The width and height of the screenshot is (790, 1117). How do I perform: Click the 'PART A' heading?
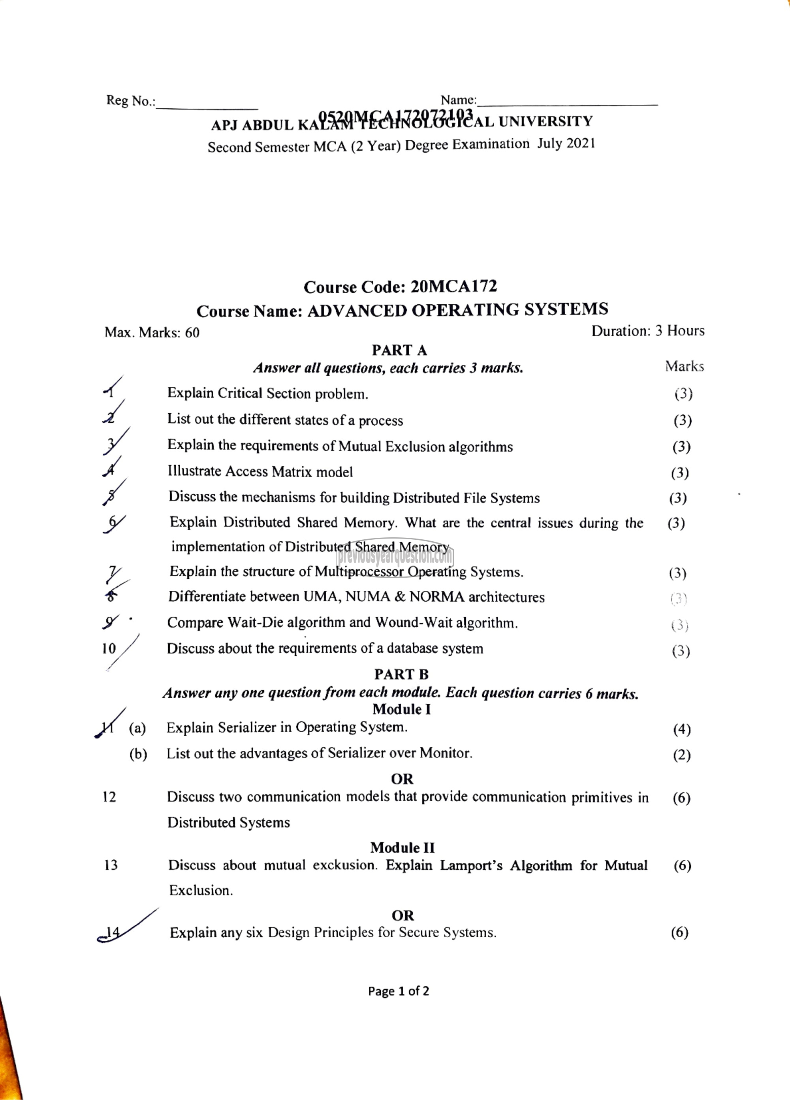point(399,350)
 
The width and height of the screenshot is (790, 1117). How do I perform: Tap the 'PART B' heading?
point(401,674)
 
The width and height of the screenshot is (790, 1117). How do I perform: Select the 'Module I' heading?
point(401,709)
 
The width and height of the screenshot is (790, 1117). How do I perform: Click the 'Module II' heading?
point(402,848)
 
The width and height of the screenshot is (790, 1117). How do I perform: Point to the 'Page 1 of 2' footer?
point(399,991)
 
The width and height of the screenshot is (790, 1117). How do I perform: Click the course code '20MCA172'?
point(453,286)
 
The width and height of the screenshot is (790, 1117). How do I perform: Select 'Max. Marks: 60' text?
point(152,332)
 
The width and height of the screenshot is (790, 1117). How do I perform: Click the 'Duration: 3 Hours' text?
point(647,331)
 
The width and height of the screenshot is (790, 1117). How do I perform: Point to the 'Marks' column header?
point(684,366)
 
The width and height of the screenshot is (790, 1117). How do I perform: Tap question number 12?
point(109,797)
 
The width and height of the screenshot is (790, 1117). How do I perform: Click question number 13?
point(111,865)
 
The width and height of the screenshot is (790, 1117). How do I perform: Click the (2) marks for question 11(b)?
point(681,755)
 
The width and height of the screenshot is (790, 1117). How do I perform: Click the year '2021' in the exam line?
point(580,143)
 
